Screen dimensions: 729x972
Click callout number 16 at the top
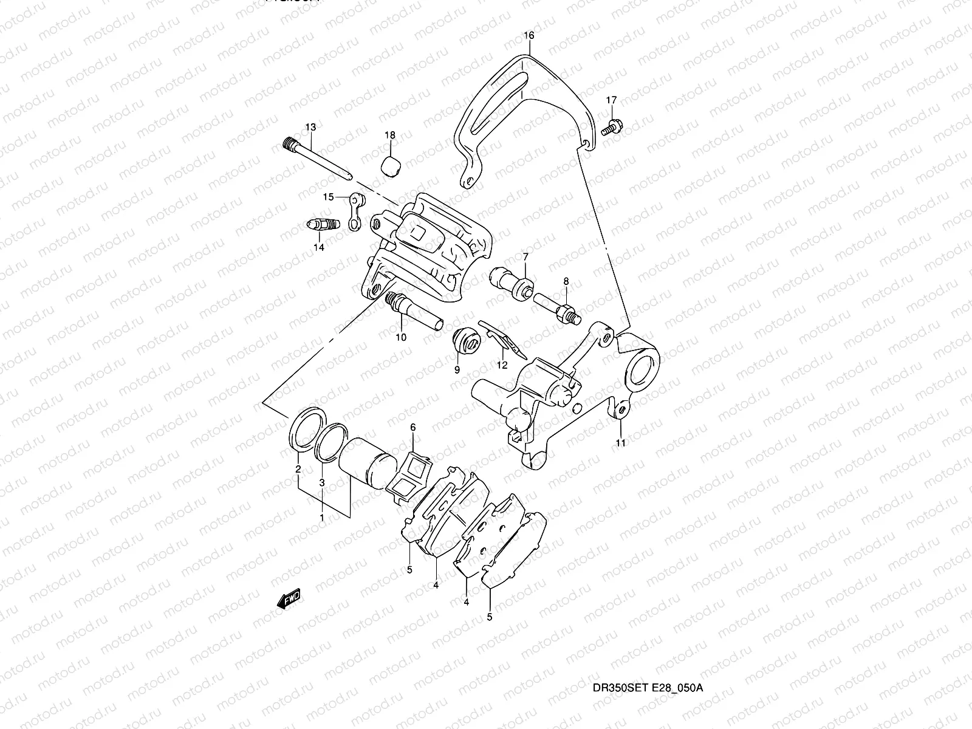pos(529,36)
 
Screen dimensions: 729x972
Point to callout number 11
pos(620,443)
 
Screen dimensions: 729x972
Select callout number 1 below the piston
pos(321,518)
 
